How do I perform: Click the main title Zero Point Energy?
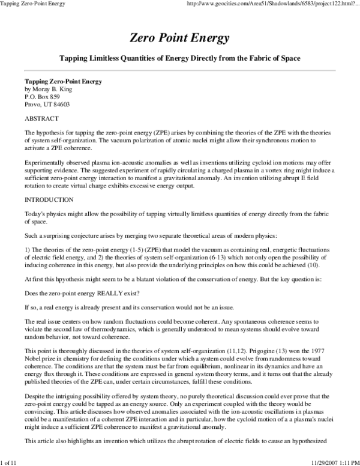click(179, 38)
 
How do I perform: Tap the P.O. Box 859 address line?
click(42, 96)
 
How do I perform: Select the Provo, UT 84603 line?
click(47, 104)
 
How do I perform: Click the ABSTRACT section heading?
click(41, 118)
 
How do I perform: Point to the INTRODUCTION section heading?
click(49, 199)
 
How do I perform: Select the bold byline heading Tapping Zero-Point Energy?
click(62, 80)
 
